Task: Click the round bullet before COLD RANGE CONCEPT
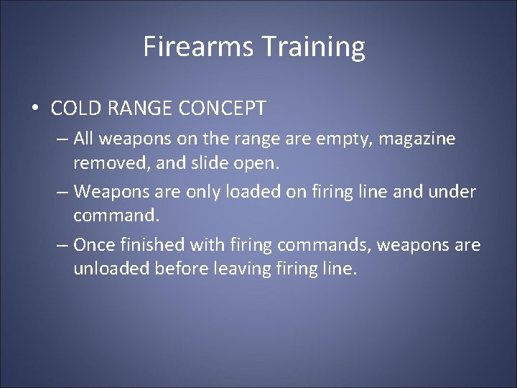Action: tap(35, 109)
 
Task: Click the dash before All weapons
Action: tap(62, 139)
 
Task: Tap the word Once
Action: tap(95, 245)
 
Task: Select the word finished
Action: tap(155, 245)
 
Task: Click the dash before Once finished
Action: tap(62, 245)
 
